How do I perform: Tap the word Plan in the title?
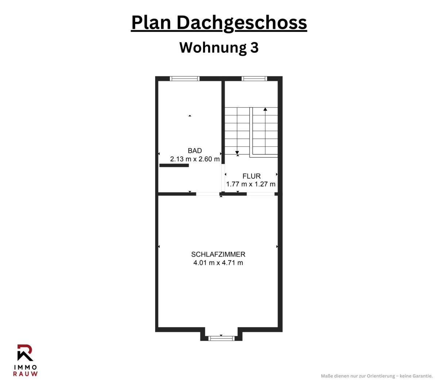point(151,22)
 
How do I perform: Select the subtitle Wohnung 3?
point(219,47)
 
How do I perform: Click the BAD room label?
point(195,151)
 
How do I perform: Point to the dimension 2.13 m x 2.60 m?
point(195,159)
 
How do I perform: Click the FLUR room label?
point(251,176)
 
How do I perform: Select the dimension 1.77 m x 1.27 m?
point(251,184)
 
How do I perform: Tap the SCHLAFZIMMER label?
point(218,254)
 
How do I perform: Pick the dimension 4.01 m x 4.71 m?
point(218,263)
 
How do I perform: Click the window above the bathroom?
point(185,78)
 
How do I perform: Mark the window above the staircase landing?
point(254,78)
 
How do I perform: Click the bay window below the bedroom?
point(221,338)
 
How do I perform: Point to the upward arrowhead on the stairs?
point(265,109)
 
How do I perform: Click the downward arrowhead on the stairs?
point(237,152)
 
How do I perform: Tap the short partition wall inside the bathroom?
point(174,165)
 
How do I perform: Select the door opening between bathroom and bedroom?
point(208,194)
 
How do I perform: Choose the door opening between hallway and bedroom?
point(261,194)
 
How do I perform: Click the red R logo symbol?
point(25,352)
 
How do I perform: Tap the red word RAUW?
point(25,374)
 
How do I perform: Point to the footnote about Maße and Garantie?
point(377,376)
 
